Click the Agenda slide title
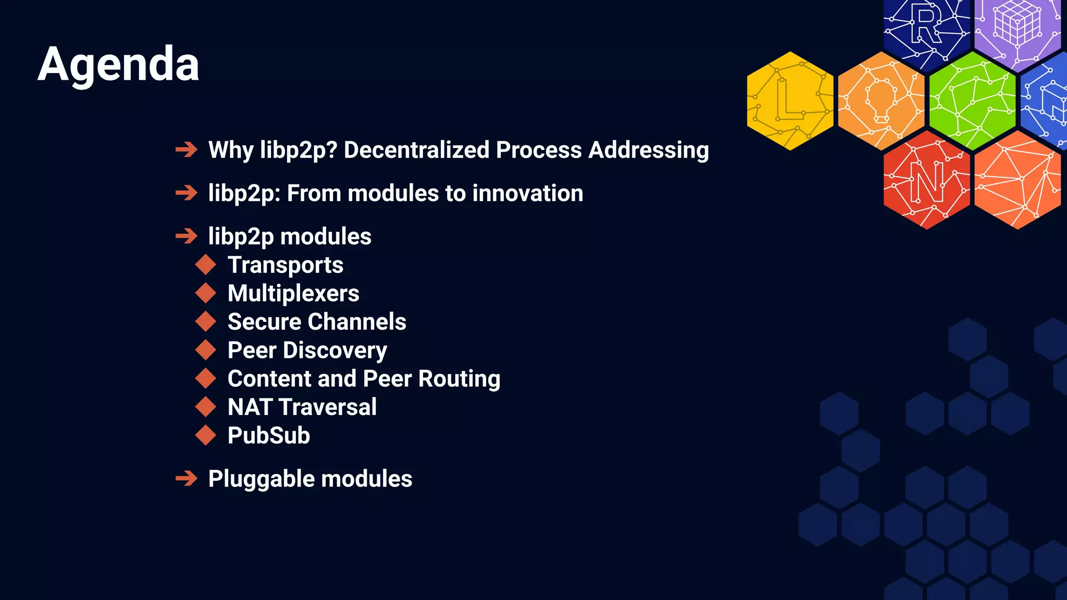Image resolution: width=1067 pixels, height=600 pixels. pyautogui.click(x=118, y=65)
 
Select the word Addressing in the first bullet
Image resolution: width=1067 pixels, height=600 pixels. pyautogui.click(x=648, y=150)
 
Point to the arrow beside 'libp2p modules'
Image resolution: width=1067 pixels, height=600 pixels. pyautogui.click(x=187, y=236)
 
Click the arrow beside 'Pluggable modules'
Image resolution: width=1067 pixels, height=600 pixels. pyautogui.click(x=187, y=478)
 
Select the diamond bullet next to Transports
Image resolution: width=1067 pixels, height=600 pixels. pyautogui.click(x=206, y=265)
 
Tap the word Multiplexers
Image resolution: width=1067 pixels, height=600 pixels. pyautogui.click(x=293, y=293)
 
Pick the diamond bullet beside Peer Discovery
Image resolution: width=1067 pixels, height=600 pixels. pyautogui.click(x=206, y=350)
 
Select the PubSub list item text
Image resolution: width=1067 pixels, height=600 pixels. pyautogui.click(x=269, y=435)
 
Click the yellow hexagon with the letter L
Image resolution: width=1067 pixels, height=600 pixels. pyautogui.click(x=790, y=101)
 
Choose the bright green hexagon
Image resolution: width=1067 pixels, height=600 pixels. pyautogui.click(x=972, y=101)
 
